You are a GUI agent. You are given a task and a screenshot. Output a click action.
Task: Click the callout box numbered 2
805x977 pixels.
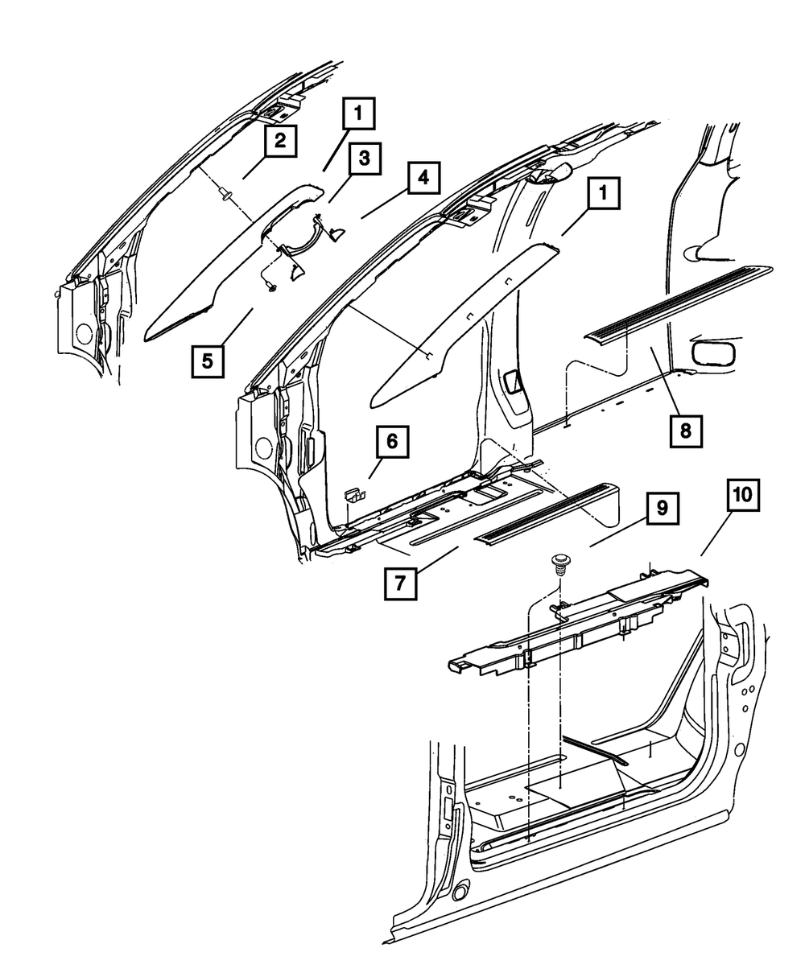tap(279, 142)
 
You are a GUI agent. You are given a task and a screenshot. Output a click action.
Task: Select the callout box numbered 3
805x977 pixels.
tap(365, 159)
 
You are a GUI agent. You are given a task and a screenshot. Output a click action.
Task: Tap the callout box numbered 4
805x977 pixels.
tap(423, 177)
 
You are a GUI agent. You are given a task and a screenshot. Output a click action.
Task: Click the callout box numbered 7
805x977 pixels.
tap(400, 584)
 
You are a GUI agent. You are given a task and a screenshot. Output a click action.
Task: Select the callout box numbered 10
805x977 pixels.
tap(743, 496)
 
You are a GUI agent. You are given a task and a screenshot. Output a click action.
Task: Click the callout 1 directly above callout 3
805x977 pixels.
tap(360, 113)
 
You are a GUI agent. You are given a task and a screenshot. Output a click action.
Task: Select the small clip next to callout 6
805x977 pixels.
tap(353, 494)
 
